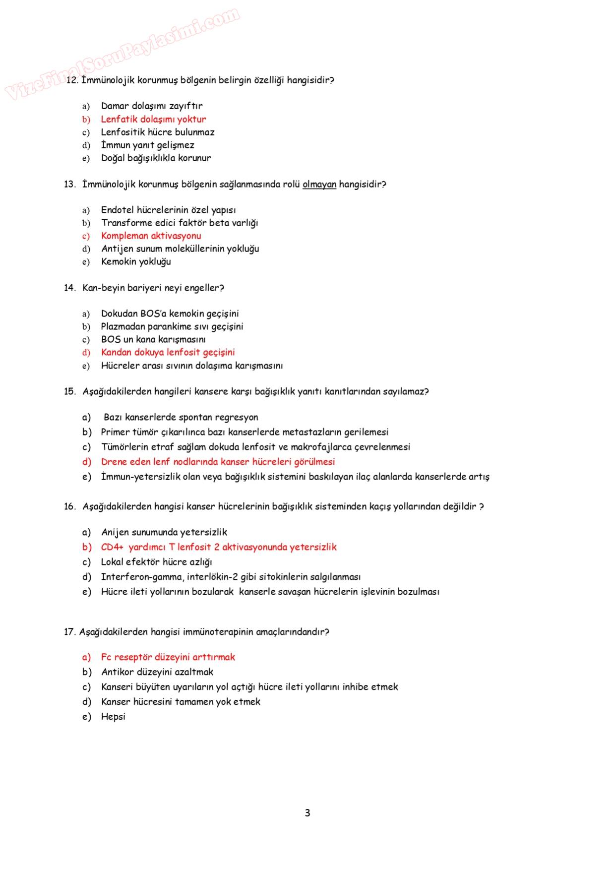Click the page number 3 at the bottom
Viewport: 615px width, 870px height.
tap(307, 813)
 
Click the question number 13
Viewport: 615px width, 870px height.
tap(69, 185)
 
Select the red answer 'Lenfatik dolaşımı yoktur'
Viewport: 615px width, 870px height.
tap(153, 119)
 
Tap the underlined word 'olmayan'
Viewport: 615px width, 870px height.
tap(319, 185)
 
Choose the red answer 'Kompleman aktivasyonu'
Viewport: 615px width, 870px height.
tap(151, 236)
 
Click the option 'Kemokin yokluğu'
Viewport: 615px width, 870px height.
tap(136, 261)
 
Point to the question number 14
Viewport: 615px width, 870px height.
tap(69, 288)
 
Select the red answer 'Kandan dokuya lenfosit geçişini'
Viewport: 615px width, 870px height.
tap(168, 352)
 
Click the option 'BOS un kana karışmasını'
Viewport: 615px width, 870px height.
tap(153, 339)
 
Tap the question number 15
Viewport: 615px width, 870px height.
tap(69, 391)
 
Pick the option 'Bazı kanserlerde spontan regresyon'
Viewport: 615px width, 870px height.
tap(181, 417)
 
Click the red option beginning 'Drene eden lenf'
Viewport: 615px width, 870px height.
tap(218, 462)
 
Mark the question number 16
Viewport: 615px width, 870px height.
tap(69, 506)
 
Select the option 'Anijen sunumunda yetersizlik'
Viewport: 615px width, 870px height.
tap(164, 532)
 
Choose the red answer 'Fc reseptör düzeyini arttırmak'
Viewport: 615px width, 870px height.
tap(168, 657)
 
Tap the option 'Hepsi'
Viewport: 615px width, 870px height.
tap(113, 717)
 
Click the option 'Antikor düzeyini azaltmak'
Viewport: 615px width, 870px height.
tap(157, 672)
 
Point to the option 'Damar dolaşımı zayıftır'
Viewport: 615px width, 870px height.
tap(152, 106)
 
